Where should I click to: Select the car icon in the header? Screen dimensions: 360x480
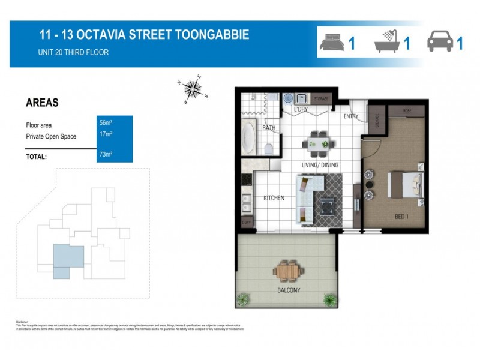pyautogui.click(x=439, y=43)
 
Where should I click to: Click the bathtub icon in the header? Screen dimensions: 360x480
pyautogui.click(x=388, y=43)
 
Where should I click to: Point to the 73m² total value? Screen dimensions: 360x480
pyautogui.click(x=106, y=154)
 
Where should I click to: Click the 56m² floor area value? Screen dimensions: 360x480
pyautogui.click(x=106, y=123)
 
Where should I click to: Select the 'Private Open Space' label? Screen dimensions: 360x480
pyautogui.click(x=51, y=137)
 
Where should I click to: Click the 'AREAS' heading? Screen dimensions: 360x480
pyautogui.click(x=42, y=103)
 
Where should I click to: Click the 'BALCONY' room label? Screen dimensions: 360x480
pyautogui.click(x=289, y=291)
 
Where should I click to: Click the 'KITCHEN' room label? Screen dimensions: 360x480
pyautogui.click(x=274, y=198)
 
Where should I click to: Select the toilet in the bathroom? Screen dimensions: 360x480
pyautogui.click(x=270, y=149)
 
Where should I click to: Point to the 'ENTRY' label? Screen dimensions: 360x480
pyautogui.click(x=351, y=116)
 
